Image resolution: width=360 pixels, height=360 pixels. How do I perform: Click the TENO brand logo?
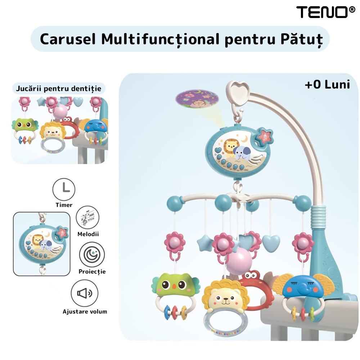pos(325,12)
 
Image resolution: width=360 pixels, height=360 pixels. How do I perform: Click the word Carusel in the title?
pos(68,39)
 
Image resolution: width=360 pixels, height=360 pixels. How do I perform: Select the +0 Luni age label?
pos(327,84)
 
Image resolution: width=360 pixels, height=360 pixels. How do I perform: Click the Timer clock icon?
pos(64,189)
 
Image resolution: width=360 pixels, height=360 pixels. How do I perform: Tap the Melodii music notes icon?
pos(88,217)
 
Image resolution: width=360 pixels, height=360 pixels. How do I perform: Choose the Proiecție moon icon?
pos(92,255)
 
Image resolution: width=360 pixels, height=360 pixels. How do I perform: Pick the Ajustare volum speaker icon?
pos(85,293)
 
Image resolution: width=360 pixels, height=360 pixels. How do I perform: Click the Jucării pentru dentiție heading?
pos(59,89)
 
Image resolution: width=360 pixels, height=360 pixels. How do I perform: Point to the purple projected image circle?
pos(197,99)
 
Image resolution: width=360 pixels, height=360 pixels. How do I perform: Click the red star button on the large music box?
pos(265,136)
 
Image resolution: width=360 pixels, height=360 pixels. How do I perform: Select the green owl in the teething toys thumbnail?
pos(25,125)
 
